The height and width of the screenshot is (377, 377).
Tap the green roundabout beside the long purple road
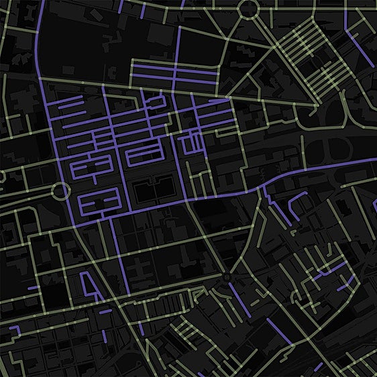60,191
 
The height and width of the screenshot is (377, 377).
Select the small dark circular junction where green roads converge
227,276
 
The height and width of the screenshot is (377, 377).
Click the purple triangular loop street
88,284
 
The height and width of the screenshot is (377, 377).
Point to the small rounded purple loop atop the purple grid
156,102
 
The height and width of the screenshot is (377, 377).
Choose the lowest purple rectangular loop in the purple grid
99,199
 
